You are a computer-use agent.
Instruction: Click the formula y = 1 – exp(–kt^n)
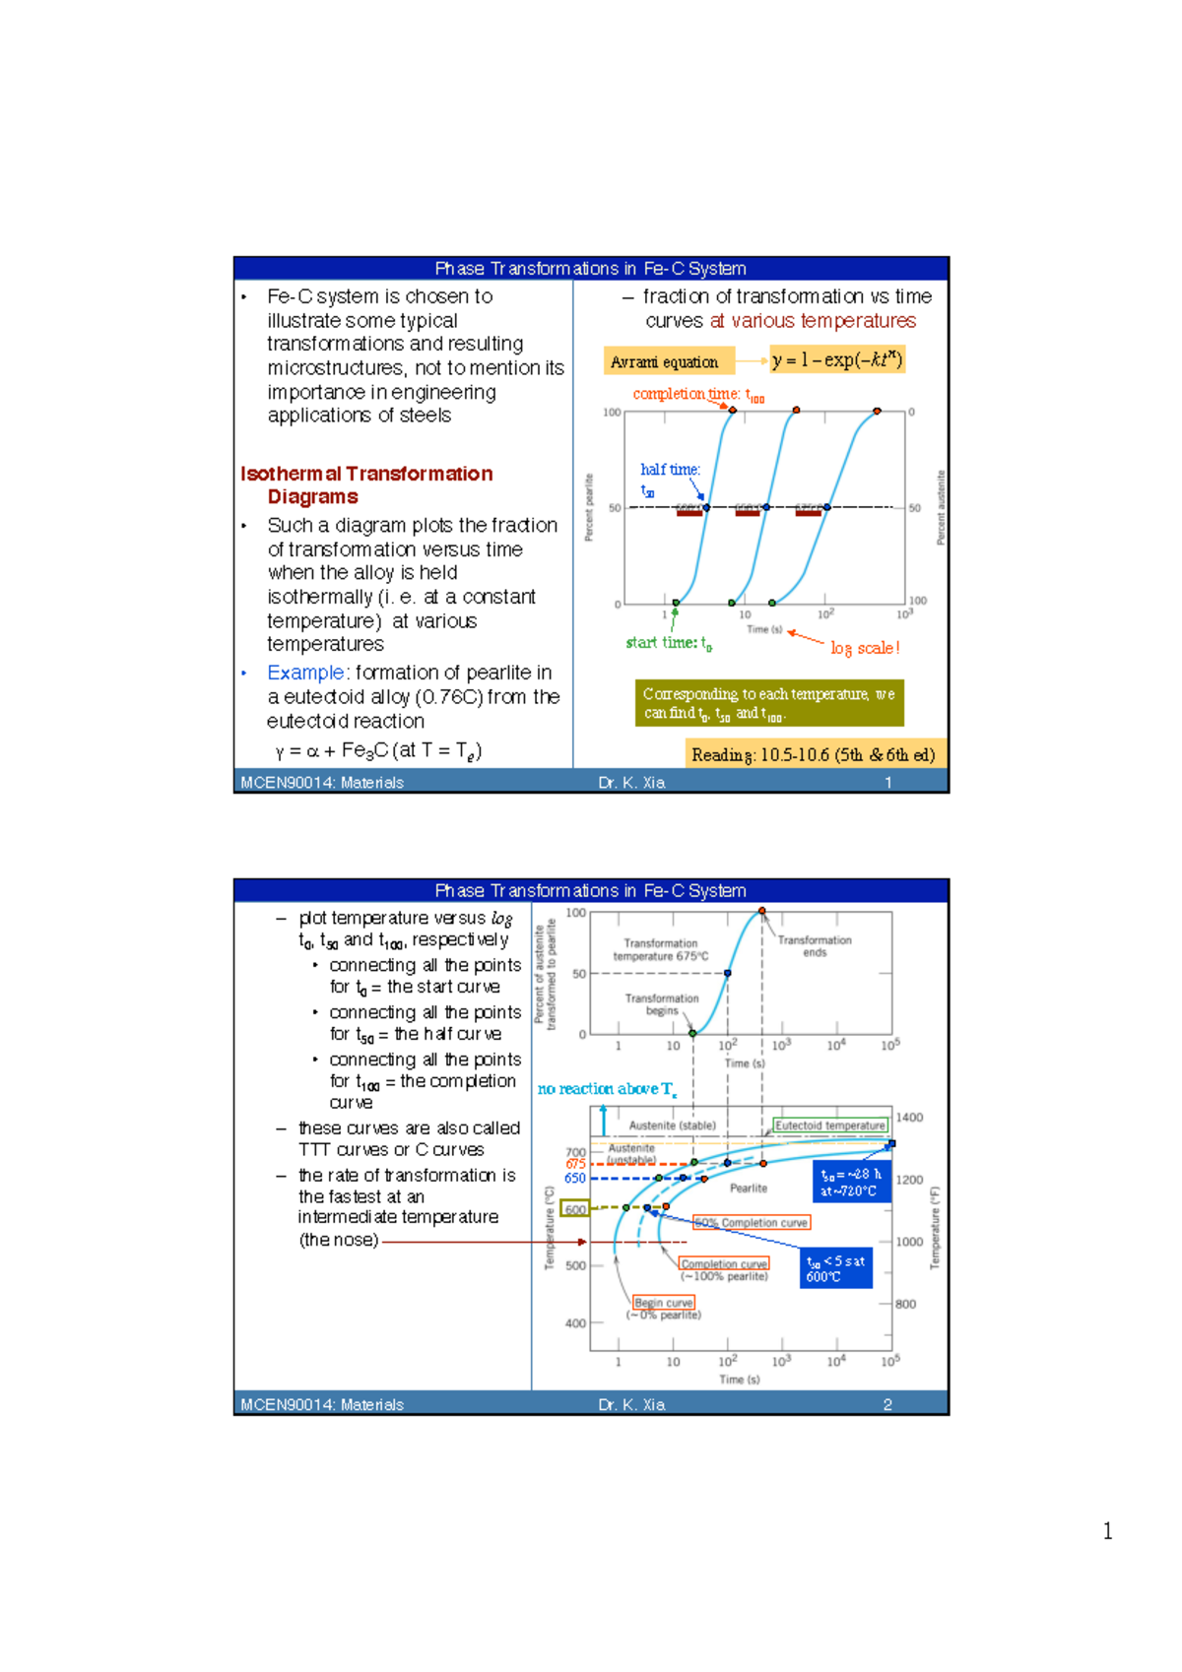click(x=836, y=359)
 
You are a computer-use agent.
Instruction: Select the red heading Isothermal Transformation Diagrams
click(x=365, y=485)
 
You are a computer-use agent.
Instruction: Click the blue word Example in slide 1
click(x=305, y=673)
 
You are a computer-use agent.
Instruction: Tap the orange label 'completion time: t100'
click(x=697, y=394)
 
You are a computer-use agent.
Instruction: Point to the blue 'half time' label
click(x=669, y=471)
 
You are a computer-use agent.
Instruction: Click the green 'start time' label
click(x=668, y=643)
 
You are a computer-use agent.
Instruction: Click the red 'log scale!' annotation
click(x=864, y=648)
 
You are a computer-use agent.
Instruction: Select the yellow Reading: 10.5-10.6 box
click(x=814, y=754)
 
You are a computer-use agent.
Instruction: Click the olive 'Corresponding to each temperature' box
click(x=768, y=703)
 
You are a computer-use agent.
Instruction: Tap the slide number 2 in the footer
click(x=887, y=1404)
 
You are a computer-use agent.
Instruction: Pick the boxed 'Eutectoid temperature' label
click(x=829, y=1125)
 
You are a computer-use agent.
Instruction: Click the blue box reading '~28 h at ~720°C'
click(x=851, y=1183)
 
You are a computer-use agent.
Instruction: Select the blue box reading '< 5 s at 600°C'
click(x=835, y=1268)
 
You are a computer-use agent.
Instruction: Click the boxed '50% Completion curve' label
click(x=752, y=1223)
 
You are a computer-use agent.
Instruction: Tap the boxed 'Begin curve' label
click(x=664, y=1303)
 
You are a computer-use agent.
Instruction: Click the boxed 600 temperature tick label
click(x=575, y=1209)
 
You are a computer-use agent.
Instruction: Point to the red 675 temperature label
click(x=575, y=1164)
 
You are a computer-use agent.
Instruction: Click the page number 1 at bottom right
click(x=1107, y=1531)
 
